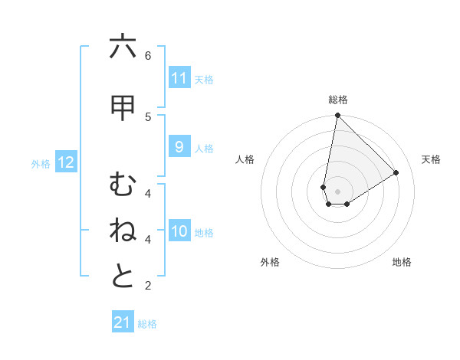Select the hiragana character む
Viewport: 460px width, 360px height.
pyautogui.click(x=123, y=185)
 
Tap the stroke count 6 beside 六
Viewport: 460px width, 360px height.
pyautogui.click(x=148, y=56)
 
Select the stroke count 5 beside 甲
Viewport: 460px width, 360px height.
pyautogui.click(x=148, y=117)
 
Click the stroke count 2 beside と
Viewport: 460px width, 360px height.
pyautogui.click(x=148, y=286)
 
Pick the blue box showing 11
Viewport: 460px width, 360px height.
pyautogui.click(x=179, y=78)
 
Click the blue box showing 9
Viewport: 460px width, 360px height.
pyautogui.click(x=179, y=148)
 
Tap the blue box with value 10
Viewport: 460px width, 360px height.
pyautogui.click(x=179, y=232)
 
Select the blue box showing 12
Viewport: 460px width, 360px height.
pyautogui.click(x=65, y=162)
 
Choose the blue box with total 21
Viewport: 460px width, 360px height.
pyautogui.click(x=123, y=322)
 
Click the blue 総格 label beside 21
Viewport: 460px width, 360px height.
pyautogui.click(x=147, y=324)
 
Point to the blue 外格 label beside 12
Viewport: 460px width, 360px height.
pyautogui.click(x=41, y=163)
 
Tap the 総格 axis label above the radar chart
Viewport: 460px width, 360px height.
pyautogui.click(x=337, y=100)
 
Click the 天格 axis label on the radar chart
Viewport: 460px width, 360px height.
pyautogui.click(x=431, y=159)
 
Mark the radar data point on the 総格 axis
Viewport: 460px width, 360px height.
pyautogui.click(x=337, y=116)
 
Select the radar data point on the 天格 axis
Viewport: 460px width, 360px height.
pyautogui.click(x=396, y=173)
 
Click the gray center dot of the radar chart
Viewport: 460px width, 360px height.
pyautogui.click(x=337, y=191)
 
